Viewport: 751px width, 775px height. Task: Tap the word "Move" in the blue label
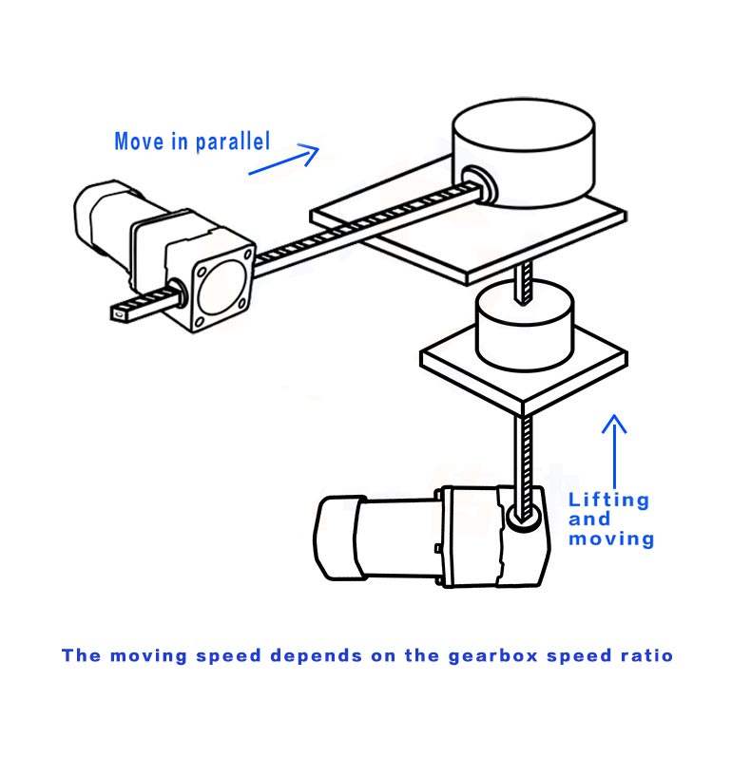pyautogui.click(x=137, y=142)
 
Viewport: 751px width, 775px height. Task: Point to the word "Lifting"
pyautogui.click(x=607, y=500)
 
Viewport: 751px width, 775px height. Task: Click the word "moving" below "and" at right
pyautogui.click(x=611, y=539)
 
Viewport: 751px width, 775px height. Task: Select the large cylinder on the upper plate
pyautogui.click(x=524, y=152)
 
